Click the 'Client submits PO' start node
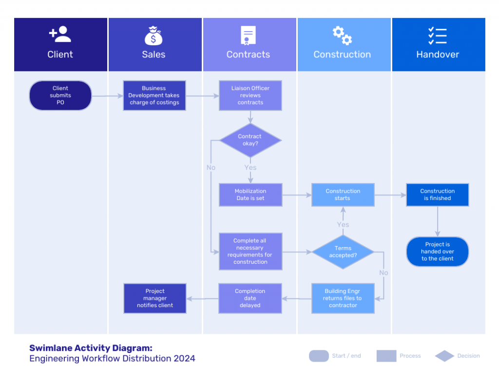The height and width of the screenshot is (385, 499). pos(60,95)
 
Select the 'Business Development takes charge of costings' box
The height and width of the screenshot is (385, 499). pos(154,95)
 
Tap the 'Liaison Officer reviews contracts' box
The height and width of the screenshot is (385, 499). pos(250,95)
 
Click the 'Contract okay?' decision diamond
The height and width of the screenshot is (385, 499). pos(250,140)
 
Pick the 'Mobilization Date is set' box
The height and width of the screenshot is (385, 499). pos(250,195)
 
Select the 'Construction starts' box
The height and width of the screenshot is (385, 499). pos(343,195)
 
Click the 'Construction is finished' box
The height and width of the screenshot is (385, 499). pos(438,195)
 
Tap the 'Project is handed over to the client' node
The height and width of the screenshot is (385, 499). pos(438,252)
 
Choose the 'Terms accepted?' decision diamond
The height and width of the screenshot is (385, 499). pos(343,252)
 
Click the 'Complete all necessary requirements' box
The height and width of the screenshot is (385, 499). pos(250,252)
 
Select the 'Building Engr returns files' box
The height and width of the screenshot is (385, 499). pos(343,298)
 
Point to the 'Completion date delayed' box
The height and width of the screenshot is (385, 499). pos(250,298)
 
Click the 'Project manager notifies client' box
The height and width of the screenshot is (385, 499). pos(155,298)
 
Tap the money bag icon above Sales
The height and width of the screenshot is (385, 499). pos(154,36)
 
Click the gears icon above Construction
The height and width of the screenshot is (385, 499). pos(342,36)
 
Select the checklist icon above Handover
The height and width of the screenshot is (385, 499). pos(437,36)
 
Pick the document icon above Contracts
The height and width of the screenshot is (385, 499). pos(248,36)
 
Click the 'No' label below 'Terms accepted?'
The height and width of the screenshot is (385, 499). pos(384,273)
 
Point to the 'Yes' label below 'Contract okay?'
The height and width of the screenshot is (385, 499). pos(250,167)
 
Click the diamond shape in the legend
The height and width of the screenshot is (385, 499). pos(444,356)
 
